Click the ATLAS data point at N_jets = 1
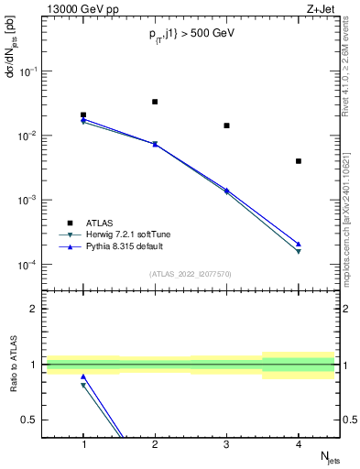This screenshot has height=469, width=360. (x=83, y=115)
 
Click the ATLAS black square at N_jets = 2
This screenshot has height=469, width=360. (x=155, y=102)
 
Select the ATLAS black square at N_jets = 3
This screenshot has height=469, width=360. (x=226, y=125)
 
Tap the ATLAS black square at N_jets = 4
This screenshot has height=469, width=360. (x=299, y=161)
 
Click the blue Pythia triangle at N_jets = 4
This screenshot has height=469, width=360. (x=299, y=245)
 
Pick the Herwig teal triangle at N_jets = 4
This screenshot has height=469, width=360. (x=299, y=252)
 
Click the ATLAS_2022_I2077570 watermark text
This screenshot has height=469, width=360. (x=191, y=273)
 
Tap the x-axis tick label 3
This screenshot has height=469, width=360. (x=227, y=444)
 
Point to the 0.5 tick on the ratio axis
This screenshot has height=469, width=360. (x=35, y=420)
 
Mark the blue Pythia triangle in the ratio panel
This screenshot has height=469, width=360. (x=83, y=376)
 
